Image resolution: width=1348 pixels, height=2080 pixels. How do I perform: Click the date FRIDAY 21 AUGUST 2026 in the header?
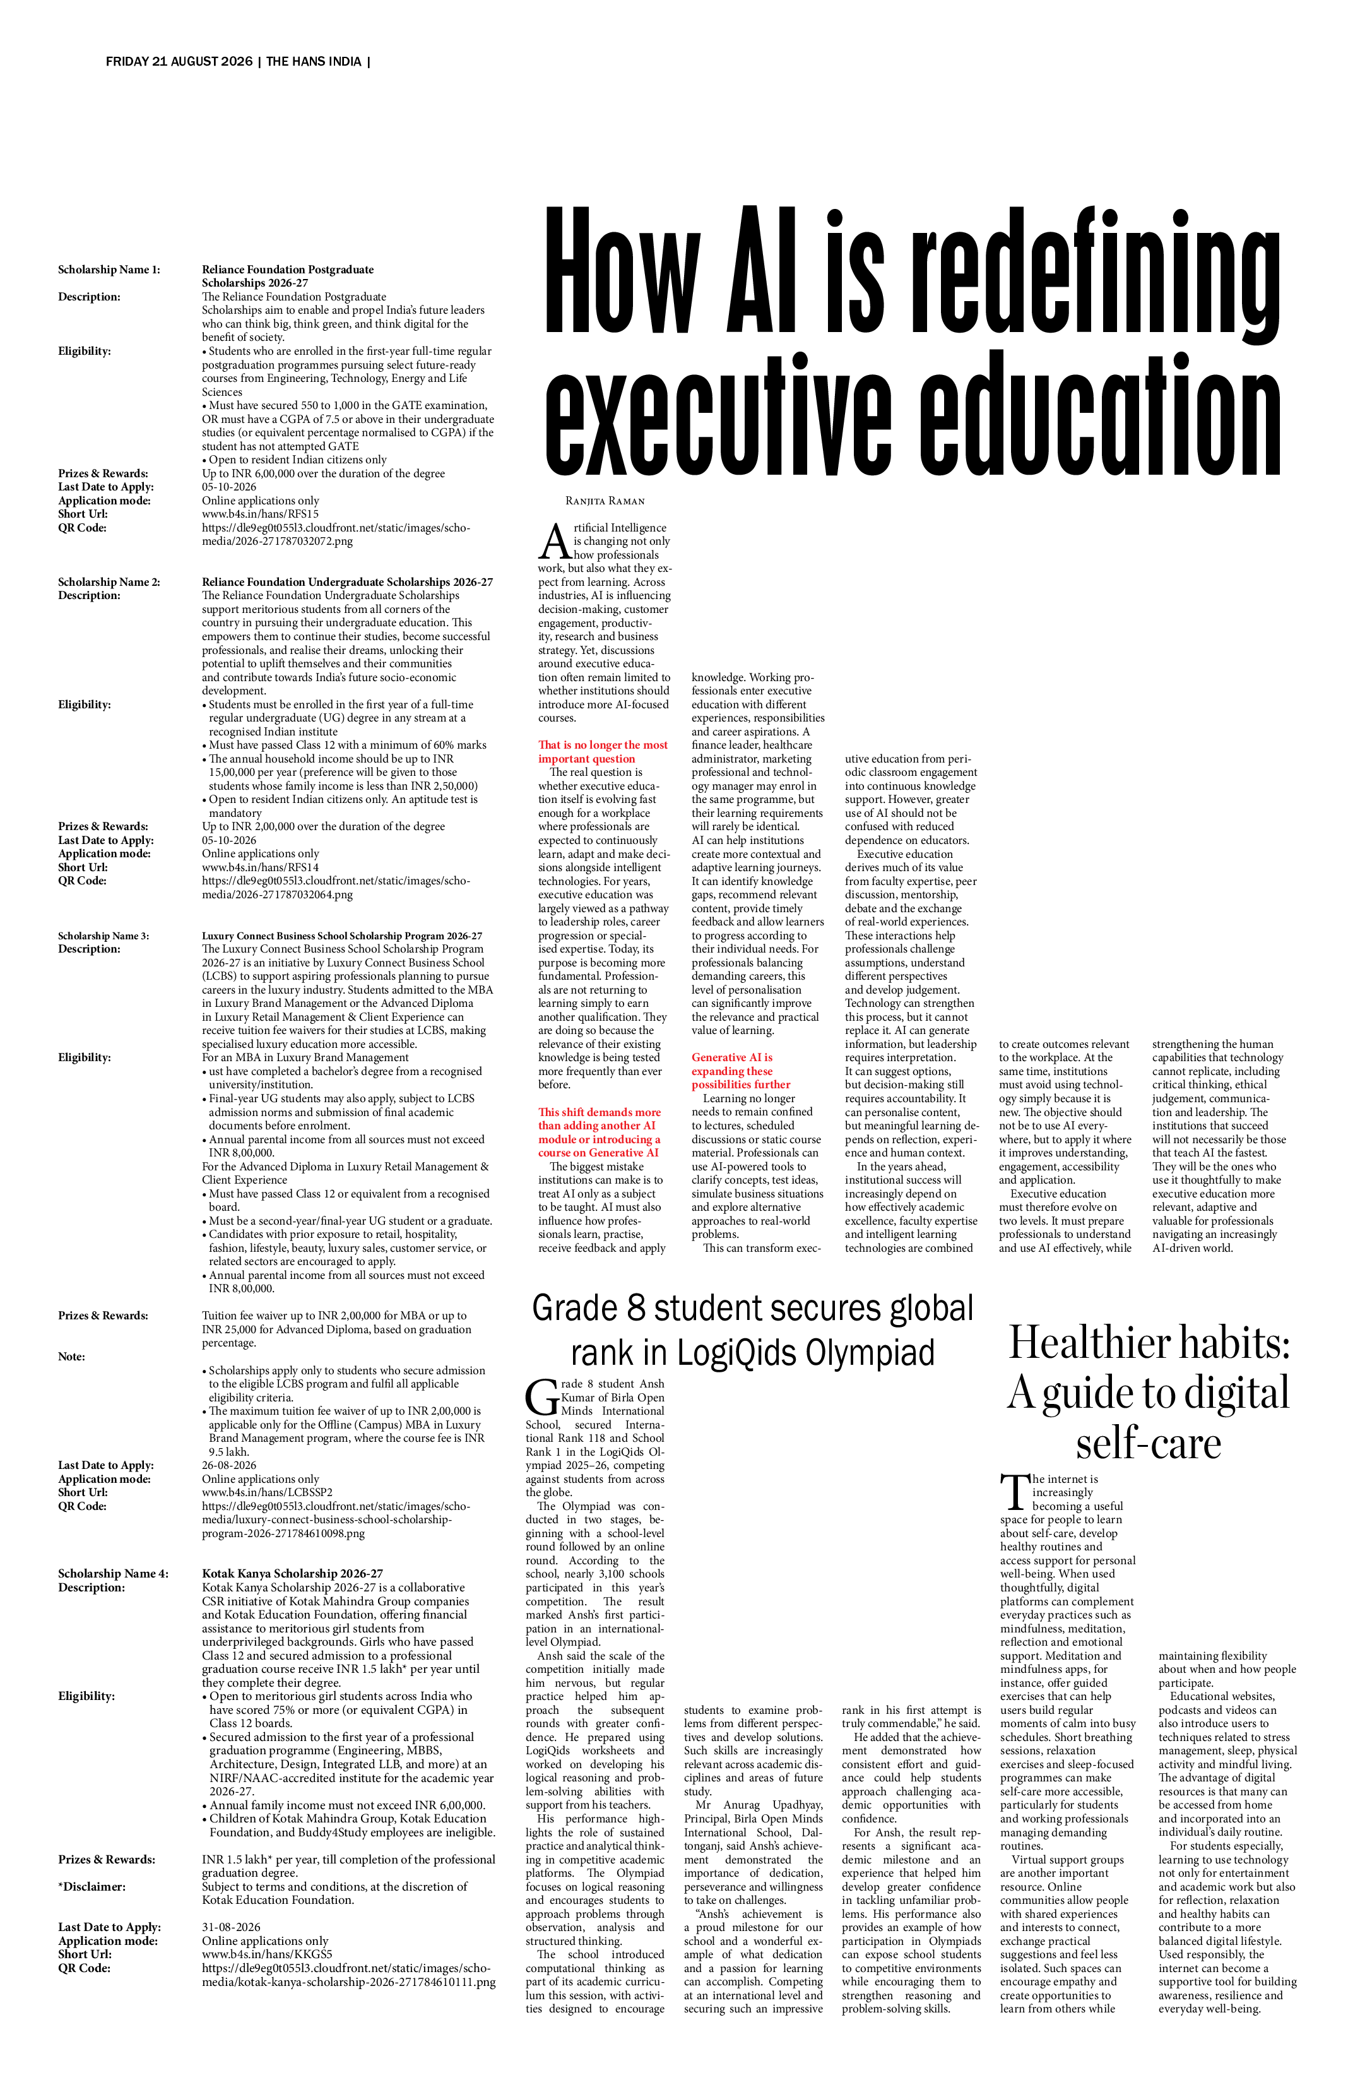[x=179, y=62]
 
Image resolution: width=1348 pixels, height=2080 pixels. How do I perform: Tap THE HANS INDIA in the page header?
[x=314, y=62]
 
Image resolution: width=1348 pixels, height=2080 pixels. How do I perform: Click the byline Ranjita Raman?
[x=605, y=501]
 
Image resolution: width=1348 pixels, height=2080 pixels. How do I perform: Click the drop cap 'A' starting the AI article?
[x=554, y=542]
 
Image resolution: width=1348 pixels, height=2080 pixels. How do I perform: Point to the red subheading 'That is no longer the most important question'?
[x=603, y=752]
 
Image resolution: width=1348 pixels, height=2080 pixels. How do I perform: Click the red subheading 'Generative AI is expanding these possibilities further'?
[x=741, y=1071]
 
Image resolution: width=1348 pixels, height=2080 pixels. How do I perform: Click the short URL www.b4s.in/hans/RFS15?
[x=261, y=514]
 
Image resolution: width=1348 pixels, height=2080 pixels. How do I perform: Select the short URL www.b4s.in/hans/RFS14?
[x=261, y=867]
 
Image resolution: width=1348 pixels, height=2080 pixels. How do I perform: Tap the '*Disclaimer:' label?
[x=92, y=1886]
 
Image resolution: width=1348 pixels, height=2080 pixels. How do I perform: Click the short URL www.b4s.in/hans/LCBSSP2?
[x=268, y=1492]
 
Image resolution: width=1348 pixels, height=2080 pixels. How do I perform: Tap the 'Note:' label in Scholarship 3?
[x=72, y=1357]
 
